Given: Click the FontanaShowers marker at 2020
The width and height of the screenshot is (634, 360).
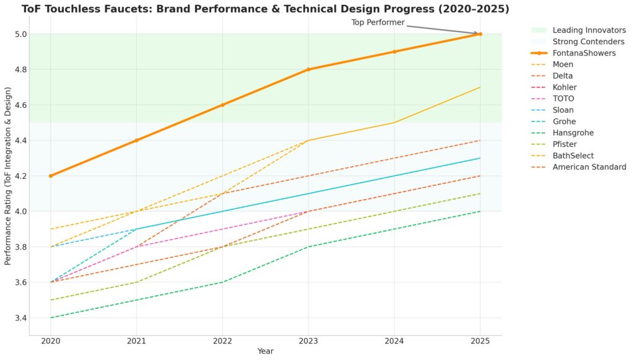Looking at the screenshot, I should [51, 176].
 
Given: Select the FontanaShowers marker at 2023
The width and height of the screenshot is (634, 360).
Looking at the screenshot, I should [308, 69].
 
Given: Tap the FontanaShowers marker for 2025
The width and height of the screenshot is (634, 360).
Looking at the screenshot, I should [480, 34].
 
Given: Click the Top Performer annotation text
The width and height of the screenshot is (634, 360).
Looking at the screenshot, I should [378, 22].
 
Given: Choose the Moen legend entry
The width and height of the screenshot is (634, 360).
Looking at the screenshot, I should [563, 64].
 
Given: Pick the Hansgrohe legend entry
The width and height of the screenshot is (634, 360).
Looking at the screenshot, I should [573, 133].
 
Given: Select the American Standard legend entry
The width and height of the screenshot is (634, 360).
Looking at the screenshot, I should [589, 167].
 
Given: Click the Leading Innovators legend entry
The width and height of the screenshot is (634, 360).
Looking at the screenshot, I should [589, 30].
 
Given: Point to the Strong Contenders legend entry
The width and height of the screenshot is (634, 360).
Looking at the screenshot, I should [588, 42].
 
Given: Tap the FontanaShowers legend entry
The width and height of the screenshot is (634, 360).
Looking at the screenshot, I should [584, 53].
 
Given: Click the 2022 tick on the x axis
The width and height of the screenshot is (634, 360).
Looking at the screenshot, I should [222, 341].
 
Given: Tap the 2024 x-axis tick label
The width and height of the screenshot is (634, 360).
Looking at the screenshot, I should [394, 341].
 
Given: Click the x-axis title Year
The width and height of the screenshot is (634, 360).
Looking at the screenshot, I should [265, 351].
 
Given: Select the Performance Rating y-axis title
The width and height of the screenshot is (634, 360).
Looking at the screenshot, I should [8, 176].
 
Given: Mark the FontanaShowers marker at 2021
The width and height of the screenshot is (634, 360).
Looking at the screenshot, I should [137, 141].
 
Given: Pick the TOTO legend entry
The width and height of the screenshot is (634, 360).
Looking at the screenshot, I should [563, 99].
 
